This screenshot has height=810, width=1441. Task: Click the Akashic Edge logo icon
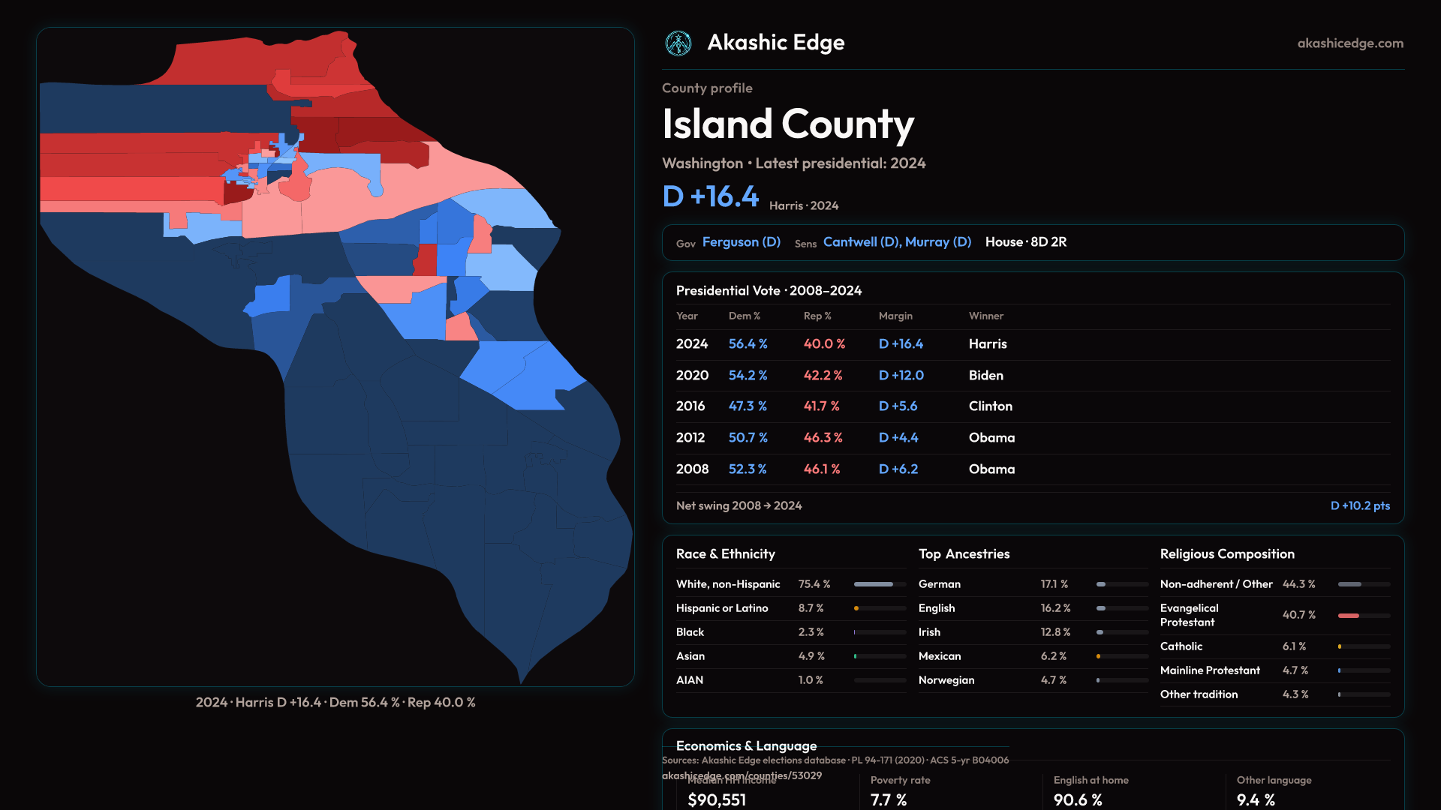point(678,43)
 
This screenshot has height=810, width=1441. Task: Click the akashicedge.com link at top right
point(1350,43)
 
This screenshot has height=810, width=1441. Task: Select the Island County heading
point(788,124)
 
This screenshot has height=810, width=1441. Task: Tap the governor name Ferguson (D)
point(742,242)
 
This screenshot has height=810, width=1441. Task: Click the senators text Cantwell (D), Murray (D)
point(897,242)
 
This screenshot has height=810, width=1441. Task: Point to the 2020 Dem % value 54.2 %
point(748,375)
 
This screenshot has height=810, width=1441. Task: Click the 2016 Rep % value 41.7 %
point(821,406)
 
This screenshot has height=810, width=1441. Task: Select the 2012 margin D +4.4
point(898,437)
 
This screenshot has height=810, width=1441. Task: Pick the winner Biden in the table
point(985,375)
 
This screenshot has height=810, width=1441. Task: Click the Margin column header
point(895,316)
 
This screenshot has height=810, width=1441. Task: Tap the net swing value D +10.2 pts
point(1360,505)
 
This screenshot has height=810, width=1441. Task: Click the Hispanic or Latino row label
point(722,608)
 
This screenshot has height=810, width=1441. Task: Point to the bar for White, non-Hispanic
point(874,584)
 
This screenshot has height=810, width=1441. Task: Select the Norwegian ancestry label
point(946,680)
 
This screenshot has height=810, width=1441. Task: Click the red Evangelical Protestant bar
point(1349,616)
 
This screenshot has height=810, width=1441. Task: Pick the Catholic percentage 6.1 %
point(1294,646)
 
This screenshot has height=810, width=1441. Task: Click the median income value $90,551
point(717,799)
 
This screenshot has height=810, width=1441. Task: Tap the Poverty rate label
point(900,780)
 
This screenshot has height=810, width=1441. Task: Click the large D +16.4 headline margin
point(711,196)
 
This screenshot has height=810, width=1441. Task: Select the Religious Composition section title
point(1227,554)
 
